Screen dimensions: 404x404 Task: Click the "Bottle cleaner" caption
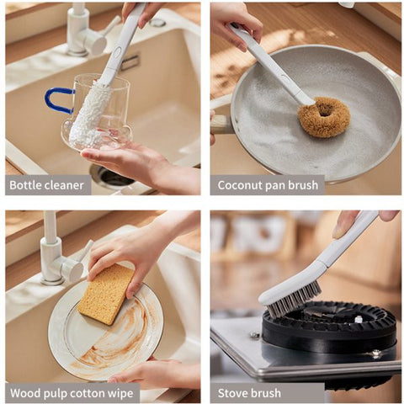[47, 185]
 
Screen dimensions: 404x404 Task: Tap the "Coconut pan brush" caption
[268, 185]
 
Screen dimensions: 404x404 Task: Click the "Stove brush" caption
[249, 393]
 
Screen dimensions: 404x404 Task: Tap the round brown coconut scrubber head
[323, 116]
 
